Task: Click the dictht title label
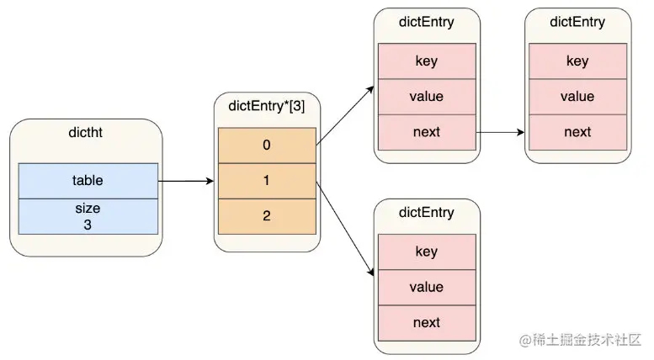click(85, 133)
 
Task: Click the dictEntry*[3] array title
click(267, 106)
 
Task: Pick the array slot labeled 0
click(267, 145)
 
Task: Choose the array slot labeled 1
click(267, 180)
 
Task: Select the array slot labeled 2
click(267, 216)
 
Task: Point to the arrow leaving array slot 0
click(345, 115)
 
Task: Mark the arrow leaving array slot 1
click(345, 228)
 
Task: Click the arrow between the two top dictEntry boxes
click(501, 132)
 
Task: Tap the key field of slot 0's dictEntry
click(427, 61)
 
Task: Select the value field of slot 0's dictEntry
click(427, 97)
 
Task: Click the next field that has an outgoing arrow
click(427, 132)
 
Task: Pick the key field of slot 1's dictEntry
click(427, 251)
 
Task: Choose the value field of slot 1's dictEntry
click(427, 288)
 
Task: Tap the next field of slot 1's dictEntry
click(427, 323)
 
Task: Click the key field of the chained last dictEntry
click(577, 61)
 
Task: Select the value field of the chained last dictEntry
click(577, 97)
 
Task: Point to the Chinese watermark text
click(581, 341)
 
